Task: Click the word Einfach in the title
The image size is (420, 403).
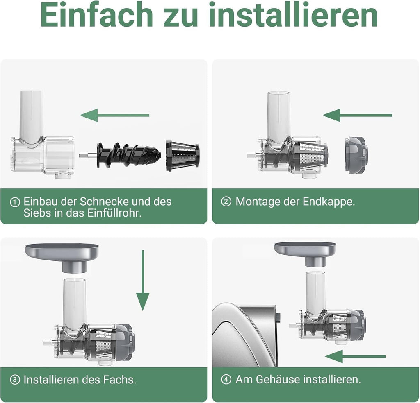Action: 97,16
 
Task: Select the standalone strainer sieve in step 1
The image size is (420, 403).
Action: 183,156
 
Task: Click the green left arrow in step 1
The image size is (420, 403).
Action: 114,115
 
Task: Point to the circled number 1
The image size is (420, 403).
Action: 15,202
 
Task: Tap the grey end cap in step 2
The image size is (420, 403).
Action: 355,155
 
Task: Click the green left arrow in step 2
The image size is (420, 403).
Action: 357,115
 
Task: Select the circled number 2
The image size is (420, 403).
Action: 226,202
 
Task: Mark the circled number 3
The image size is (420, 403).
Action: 15,380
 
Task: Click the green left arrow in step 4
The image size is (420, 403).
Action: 355,356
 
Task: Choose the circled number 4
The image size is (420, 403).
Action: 226,380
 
